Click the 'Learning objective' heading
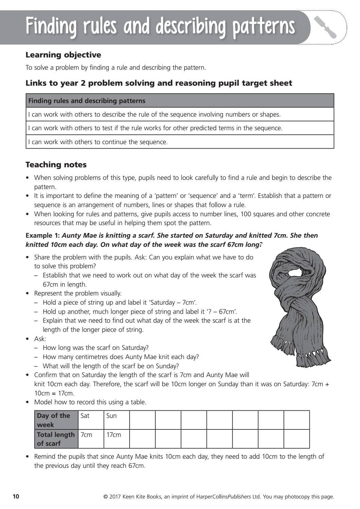point(63,55)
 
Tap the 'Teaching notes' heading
point(56,165)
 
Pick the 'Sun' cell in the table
point(116,420)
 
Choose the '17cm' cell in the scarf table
point(116,439)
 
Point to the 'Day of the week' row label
point(56,420)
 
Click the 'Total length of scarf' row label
point(56,439)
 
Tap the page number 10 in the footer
point(16,497)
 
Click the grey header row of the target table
point(180,101)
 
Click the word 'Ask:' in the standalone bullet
point(40,339)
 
